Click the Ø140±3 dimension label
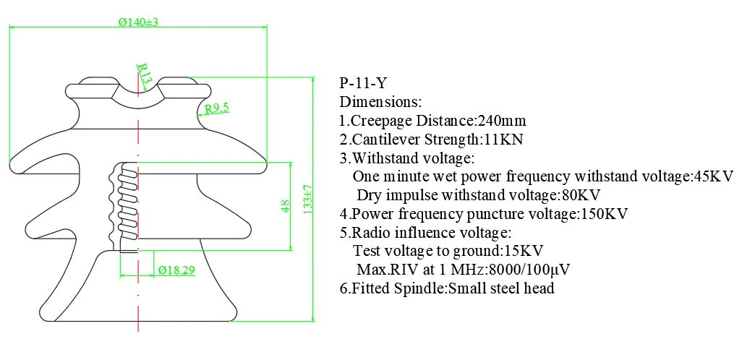tap(137, 22)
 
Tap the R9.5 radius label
tap(216, 109)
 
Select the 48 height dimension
tap(286, 206)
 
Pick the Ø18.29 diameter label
tap(176, 270)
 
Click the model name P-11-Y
tap(363, 83)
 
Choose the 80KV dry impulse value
tap(581, 195)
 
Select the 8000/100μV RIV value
tap(529, 269)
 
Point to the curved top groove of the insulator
tap(138, 96)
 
